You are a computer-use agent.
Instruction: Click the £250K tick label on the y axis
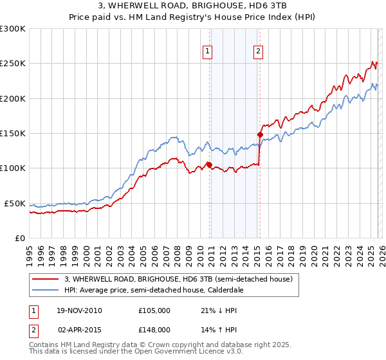point(13,64)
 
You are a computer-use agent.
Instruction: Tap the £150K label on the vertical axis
point(13,133)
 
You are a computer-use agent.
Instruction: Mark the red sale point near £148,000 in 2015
point(260,135)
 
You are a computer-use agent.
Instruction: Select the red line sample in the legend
point(44,280)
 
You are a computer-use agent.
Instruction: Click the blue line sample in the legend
point(44,290)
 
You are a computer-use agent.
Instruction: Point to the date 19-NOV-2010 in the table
point(79,310)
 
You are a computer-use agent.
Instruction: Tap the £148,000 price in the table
point(154,329)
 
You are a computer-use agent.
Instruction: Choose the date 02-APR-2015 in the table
point(79,329)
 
